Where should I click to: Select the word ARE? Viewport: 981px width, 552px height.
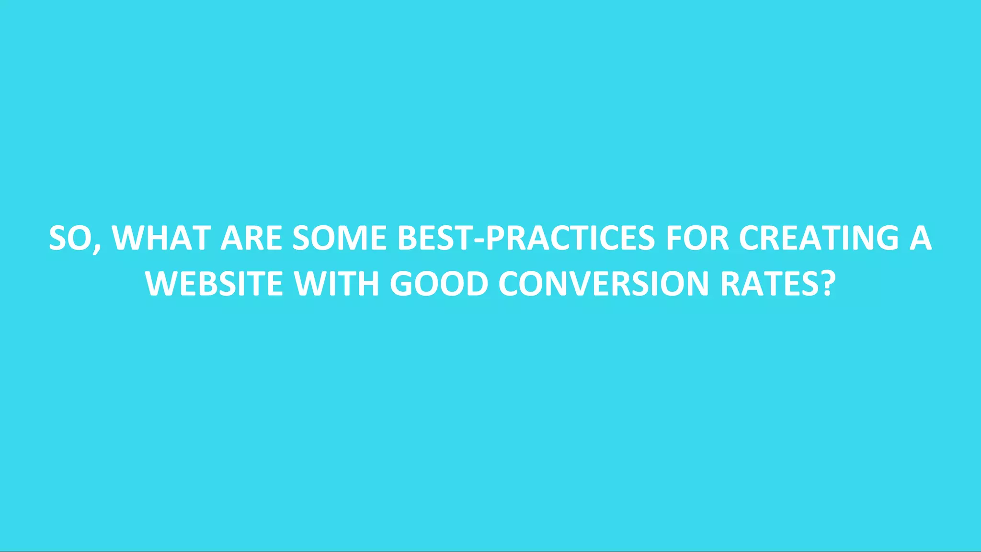(x=251, y=238)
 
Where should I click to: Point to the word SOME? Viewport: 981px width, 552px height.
(x=339, y=238)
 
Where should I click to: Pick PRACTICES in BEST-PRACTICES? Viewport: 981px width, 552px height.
(x=570, y=238)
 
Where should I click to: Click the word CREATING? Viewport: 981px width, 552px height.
(x=819, y=238)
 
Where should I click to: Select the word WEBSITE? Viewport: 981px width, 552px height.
(x=214, y=284)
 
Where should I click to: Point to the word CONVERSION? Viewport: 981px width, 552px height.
(x=604, y=284)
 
